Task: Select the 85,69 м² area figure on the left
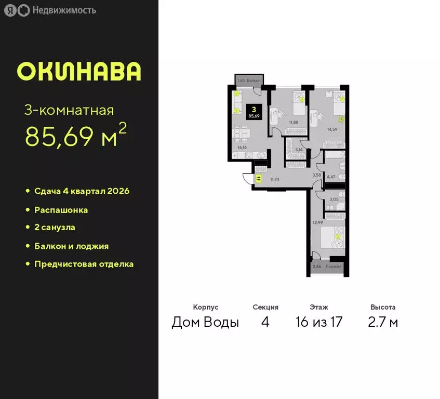click(76, 137)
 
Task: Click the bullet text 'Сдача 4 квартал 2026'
click(82, 191)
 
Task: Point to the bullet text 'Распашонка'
click(61, 210)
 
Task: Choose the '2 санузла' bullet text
click(55, 228)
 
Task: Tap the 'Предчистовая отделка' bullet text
click(84, 264)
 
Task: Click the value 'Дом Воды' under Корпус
click(205, 322)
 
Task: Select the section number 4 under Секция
click(265, 322)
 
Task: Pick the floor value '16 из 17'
click(319, 322)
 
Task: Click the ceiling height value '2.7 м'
click(383, 322)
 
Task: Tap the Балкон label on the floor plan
click(254, 81)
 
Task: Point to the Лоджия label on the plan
click(335, 267)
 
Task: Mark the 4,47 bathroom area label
click(331, 177)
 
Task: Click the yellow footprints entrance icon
click(258, 178)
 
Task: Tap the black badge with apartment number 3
click(254, 112)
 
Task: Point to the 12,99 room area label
click(317, 222)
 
